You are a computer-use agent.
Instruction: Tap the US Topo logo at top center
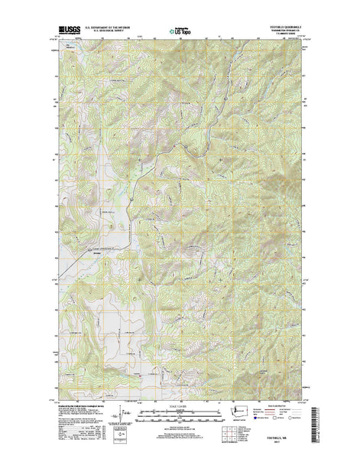(180, 33)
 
